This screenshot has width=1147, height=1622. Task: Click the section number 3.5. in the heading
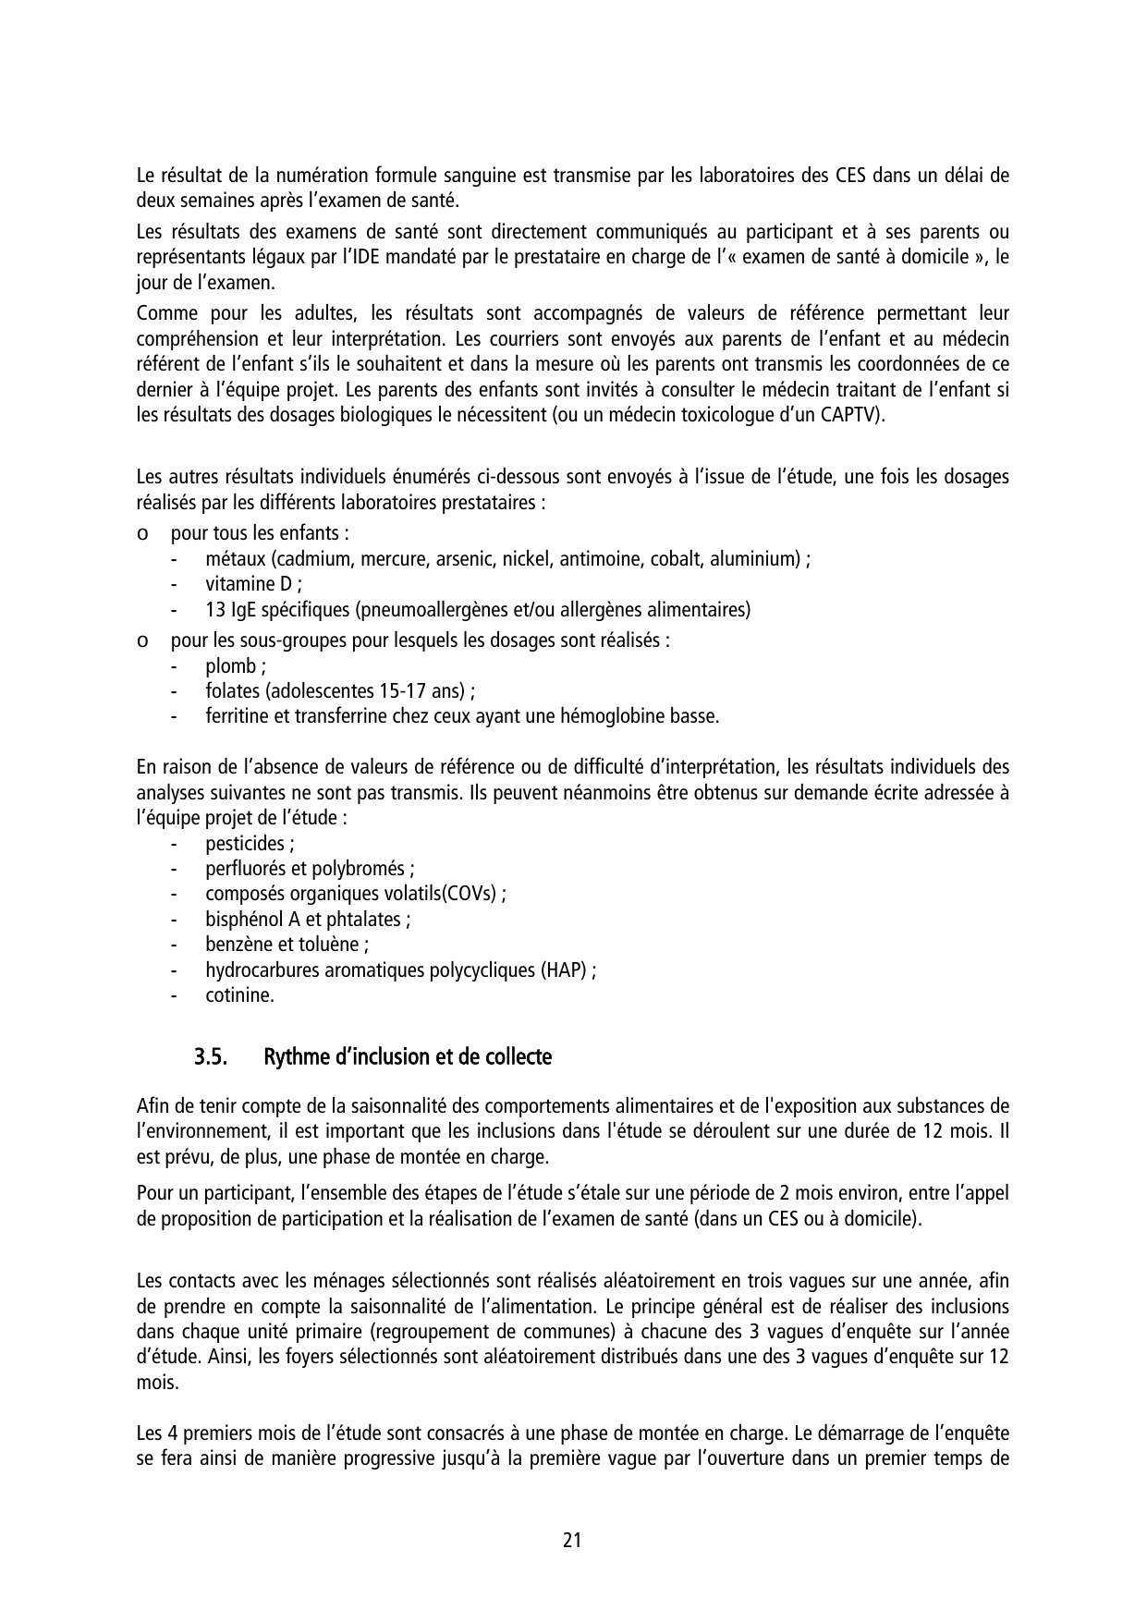pos(211,1057)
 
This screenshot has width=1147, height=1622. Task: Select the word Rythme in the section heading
pos(292,1057)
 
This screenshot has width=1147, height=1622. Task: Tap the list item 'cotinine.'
pos(239,995)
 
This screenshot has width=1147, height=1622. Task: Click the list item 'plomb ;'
pos(236,666)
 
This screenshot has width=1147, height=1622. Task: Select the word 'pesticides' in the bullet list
pos(245,844)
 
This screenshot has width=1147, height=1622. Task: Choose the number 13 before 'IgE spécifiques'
pos(214,610)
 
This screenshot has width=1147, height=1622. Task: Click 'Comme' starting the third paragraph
pos(161,314)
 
